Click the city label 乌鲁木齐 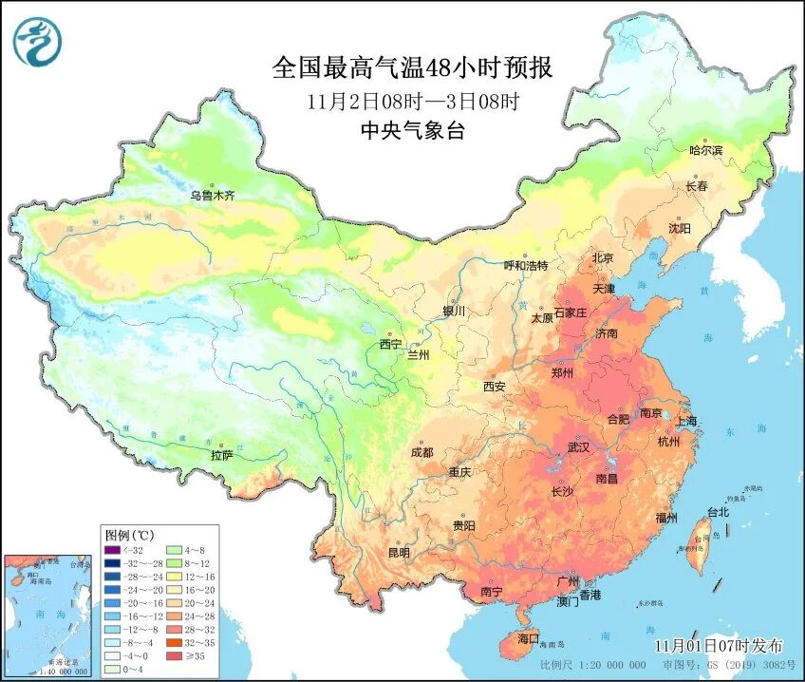point(211,196)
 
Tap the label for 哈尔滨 point(705,150)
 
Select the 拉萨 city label point(221,455)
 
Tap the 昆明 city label point(399,552)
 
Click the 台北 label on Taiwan point(719,512)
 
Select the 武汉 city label point(578,446)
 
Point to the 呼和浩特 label point(526,266)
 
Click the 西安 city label point(495,386)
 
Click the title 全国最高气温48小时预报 point(412,68)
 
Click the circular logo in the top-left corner point(37,42)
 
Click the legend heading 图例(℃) point(128,534)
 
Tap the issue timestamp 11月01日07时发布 point(719,645)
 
